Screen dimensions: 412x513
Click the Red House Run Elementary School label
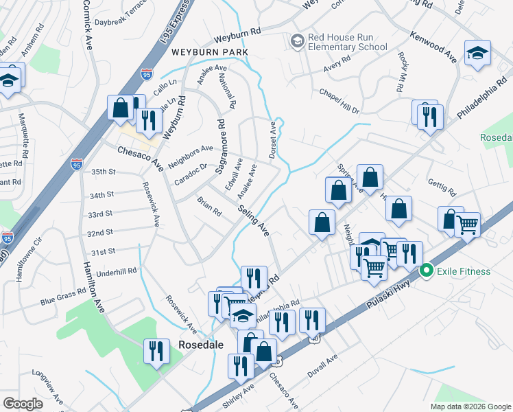click(x=348, y=41)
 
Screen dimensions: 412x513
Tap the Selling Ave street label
click(x=254, y=222)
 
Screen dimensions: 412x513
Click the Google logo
click(x=23, y=404)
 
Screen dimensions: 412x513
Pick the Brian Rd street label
click(x=208, y=206)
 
